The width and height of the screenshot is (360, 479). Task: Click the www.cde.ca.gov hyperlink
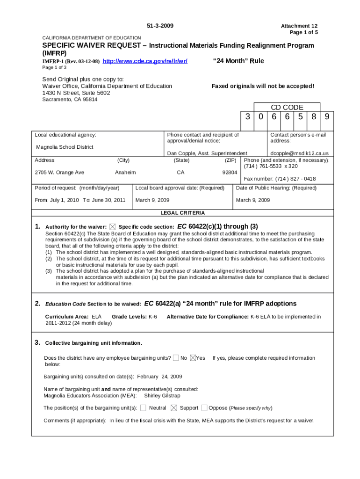click(x=145, y=61)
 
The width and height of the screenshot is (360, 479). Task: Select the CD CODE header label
click(x=287, y=108)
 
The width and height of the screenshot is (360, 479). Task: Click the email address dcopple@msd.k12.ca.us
click(x=300, y=153)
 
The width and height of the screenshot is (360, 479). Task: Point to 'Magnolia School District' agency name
click(x=65, y=147)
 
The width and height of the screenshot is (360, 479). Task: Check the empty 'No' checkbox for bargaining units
click(x=175, y=358)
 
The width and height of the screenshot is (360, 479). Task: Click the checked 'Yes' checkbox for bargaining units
click(x=193, y=358)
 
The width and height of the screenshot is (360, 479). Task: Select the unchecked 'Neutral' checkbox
click(x=143, y=407)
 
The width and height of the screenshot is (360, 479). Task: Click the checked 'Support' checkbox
click(x=174, y=407)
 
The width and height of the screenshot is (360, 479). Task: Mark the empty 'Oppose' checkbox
click(x=204, y=407)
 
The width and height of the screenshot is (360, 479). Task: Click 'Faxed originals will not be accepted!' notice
click(x=263, y=86)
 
